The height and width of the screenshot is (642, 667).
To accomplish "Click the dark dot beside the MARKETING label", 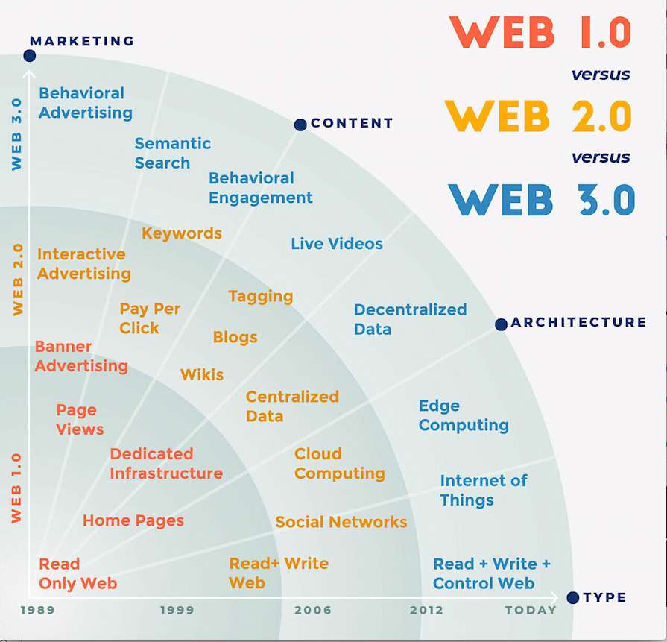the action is tap(29, 56).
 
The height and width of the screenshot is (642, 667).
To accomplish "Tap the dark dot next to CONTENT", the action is tap(300, 125).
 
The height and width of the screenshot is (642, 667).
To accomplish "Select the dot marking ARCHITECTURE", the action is tap(501, 324).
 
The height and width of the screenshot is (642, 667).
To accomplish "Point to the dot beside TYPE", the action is tap(573, 597).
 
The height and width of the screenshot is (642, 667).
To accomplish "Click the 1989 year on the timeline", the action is tap(38, 610).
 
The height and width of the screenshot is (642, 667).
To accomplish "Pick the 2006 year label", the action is tap(313, 610).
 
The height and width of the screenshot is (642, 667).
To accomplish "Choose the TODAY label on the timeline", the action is tap(531, 610).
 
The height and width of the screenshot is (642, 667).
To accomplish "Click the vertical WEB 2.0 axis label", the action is tap(17, 280).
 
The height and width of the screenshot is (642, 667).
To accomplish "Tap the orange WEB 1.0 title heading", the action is tap(540, 32).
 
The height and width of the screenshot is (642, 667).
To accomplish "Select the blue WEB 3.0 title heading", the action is tap(542, 200).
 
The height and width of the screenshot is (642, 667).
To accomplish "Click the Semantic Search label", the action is tap(173, 154).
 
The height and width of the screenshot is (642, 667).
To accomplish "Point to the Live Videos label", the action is tap(337, 244).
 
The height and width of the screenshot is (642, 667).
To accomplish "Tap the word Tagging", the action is tap(261, 297).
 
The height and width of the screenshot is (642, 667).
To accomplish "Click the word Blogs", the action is tap(235, 337).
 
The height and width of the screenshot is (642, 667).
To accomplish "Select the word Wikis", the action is tap(202, 374).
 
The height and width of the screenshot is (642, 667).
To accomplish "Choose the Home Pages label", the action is tap(133, 521).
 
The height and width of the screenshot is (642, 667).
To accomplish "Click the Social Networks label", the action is tap(341, 522).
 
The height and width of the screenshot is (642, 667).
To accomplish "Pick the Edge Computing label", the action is tap(464, 415).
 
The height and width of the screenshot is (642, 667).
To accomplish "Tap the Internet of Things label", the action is tap(484, 491).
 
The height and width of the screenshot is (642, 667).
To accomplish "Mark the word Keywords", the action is tap(182, 233).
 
